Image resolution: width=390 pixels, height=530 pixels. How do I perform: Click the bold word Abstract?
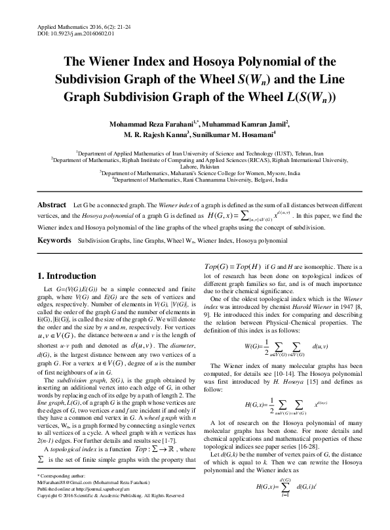point(52,205)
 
